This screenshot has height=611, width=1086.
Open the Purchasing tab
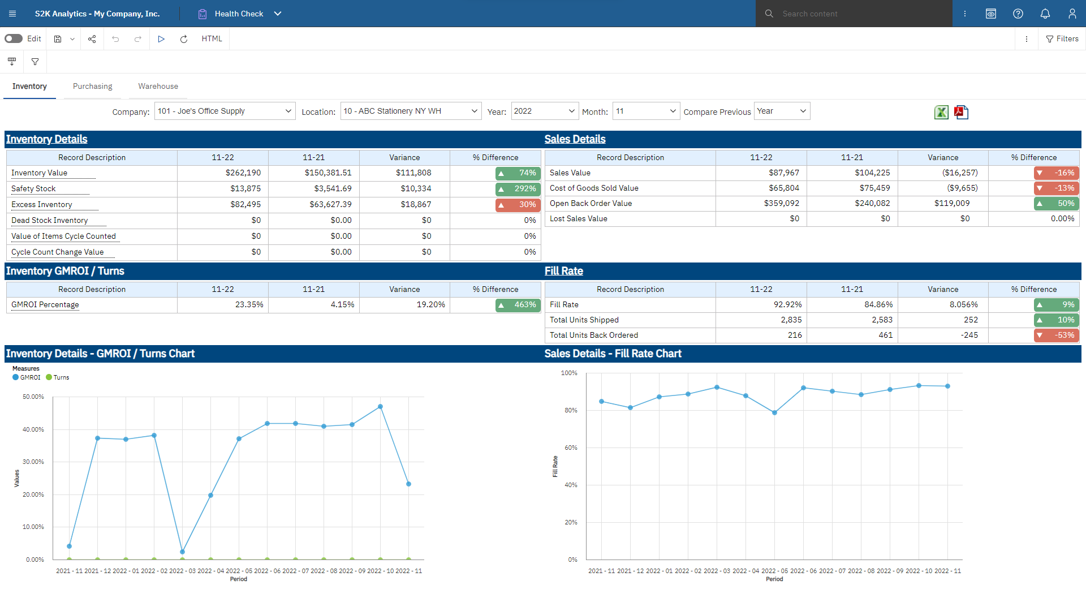(x=92, y=86)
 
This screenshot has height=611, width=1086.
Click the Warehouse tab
(x=158, y=86)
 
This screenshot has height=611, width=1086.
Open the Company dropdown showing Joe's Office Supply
(x=225, y=111)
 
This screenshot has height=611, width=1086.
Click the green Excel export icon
(x=941, y=112)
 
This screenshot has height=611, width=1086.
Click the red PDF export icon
(x=961, y=112)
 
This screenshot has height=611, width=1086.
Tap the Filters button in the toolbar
(x=1062, y=38)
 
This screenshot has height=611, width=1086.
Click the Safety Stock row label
(x=33, y=188)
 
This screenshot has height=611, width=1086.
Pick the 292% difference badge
(x=518, y=189)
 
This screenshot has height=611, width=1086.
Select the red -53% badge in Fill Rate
(x=1056, y=335)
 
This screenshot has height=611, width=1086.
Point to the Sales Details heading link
(x=575, y=139)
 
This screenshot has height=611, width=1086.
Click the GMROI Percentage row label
(x=45, y=304)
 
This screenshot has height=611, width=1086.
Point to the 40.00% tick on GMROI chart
(x=33, y=429)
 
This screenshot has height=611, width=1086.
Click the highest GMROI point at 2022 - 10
(x=380, y=407)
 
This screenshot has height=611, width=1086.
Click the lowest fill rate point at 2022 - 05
(x=774, y=413)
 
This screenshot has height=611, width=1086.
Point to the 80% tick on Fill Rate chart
(x=571, y=410)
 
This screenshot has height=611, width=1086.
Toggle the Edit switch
(x=14, y=38)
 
